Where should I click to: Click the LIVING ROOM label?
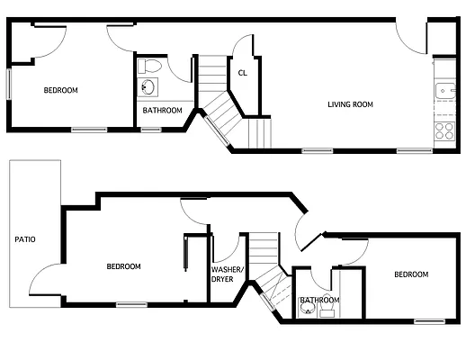coord(349,104)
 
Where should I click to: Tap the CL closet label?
coord(243,74)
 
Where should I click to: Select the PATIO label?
coord(25,239)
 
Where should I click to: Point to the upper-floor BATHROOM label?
coord(163,111)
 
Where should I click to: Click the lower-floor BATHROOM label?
coord(319,300)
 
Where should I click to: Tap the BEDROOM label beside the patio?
coord(123,265)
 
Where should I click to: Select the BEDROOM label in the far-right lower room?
coord(409,274)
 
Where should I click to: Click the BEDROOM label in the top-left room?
coord(60,90)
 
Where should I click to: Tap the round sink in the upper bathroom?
coord(148,87)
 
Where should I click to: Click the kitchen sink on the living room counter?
coord(444,90)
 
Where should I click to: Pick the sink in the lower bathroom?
coord(308,311)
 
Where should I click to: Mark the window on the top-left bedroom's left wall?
coord(10,85)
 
